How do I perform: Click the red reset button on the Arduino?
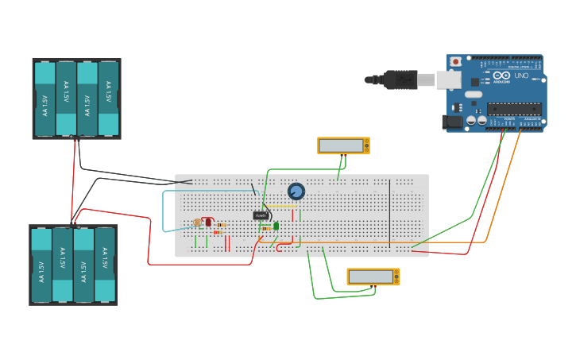tap(456, 61)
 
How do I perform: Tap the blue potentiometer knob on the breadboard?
tap(296, 191)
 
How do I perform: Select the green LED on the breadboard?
tap(276, 226)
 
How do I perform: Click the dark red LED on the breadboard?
tap(208, 222)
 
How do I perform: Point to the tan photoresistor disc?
tap(197, 223)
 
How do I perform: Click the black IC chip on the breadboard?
tap(261, 215)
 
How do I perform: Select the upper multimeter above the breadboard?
tap(343, 145)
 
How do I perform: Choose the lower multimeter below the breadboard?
tap(373, 277)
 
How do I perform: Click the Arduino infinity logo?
tap(501, 77)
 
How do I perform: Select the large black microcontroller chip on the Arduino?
tap(514, 108)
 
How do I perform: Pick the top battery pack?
tap(76, 99)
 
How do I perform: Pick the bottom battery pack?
tap(73, 265)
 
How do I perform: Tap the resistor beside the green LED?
tap(264, 229)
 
